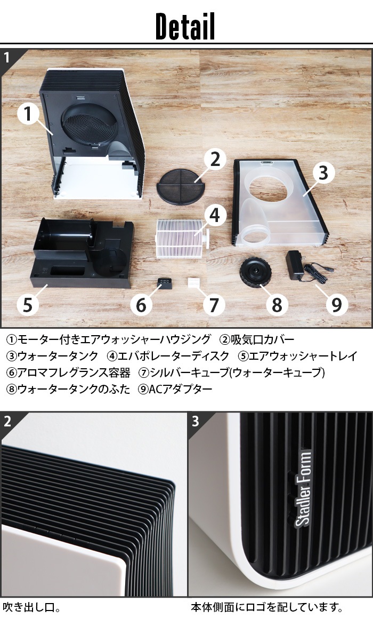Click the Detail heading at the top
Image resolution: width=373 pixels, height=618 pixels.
(185, 26)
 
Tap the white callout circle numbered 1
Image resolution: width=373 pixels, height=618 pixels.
(28, 114)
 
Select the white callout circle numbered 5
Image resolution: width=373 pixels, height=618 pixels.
(28, 305)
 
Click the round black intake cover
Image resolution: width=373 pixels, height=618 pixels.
(180, 187)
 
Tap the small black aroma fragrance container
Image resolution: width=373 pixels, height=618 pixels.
(165, 283)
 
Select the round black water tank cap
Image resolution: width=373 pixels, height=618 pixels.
(255, 272)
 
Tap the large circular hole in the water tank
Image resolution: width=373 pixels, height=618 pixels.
(268, 187)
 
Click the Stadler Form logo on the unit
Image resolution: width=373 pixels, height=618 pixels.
(304, 487)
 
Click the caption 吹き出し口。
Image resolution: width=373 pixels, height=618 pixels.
(31, 607)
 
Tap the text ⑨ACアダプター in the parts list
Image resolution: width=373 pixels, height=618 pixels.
(175, 389)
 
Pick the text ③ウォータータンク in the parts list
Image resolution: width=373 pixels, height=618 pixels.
(52, 356)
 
